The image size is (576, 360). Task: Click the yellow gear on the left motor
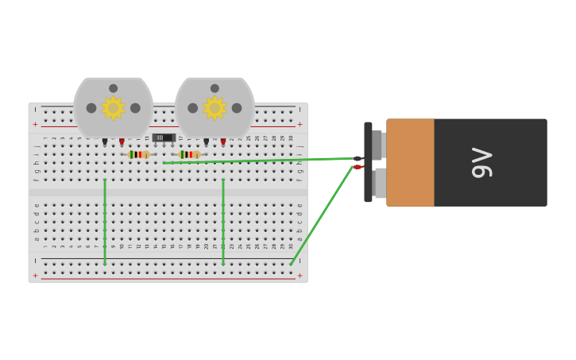point(113,107)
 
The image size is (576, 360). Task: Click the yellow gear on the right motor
point(215,107)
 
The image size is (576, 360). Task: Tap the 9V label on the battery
point(481,162)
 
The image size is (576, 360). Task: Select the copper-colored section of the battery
point(410,162)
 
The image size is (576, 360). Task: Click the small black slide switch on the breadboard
point(163,137)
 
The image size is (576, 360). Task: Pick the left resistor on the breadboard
point(138,154)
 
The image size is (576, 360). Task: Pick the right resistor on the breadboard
point(189,154)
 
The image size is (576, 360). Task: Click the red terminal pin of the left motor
point(122,141)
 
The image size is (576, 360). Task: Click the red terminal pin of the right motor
point(223,141)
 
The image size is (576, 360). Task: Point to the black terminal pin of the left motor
point(105,141)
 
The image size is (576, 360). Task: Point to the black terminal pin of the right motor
point(206,141)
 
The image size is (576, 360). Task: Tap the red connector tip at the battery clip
point(358,167)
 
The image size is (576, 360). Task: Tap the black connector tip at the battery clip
point(358,159)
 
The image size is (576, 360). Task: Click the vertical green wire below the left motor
point(105,223)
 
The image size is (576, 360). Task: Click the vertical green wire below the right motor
point(223,223)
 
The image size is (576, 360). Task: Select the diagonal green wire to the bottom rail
point(322,215)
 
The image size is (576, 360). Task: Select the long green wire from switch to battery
point(254,161)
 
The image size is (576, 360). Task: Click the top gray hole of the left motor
point(113,88)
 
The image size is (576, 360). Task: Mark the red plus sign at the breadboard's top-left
point(35,124)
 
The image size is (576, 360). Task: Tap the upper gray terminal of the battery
point(379,145)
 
